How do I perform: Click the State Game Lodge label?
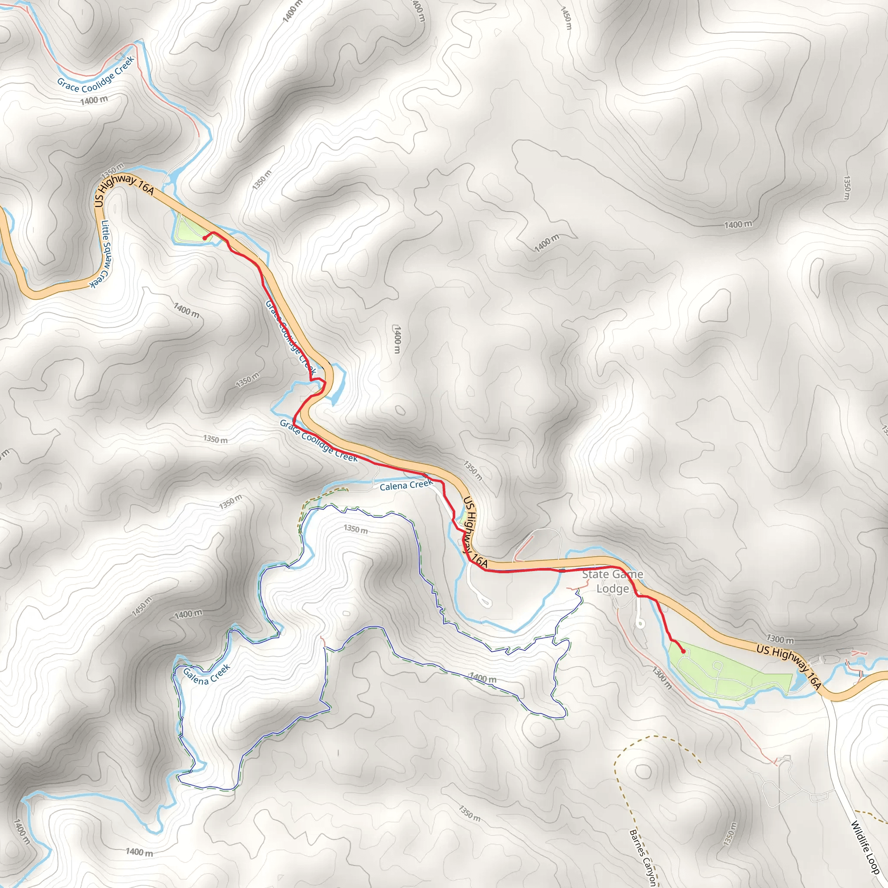[x=612, y=581]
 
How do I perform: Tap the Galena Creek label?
[x=206, y=674]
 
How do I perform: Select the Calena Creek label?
[x=406, y=485]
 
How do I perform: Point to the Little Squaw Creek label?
[x=101, y=253]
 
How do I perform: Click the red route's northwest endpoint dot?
[x=204, y=238]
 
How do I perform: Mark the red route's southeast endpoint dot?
[x=683, y=651]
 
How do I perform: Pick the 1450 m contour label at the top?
[x=566, y=18]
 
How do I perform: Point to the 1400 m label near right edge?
[x=738, y=224]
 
